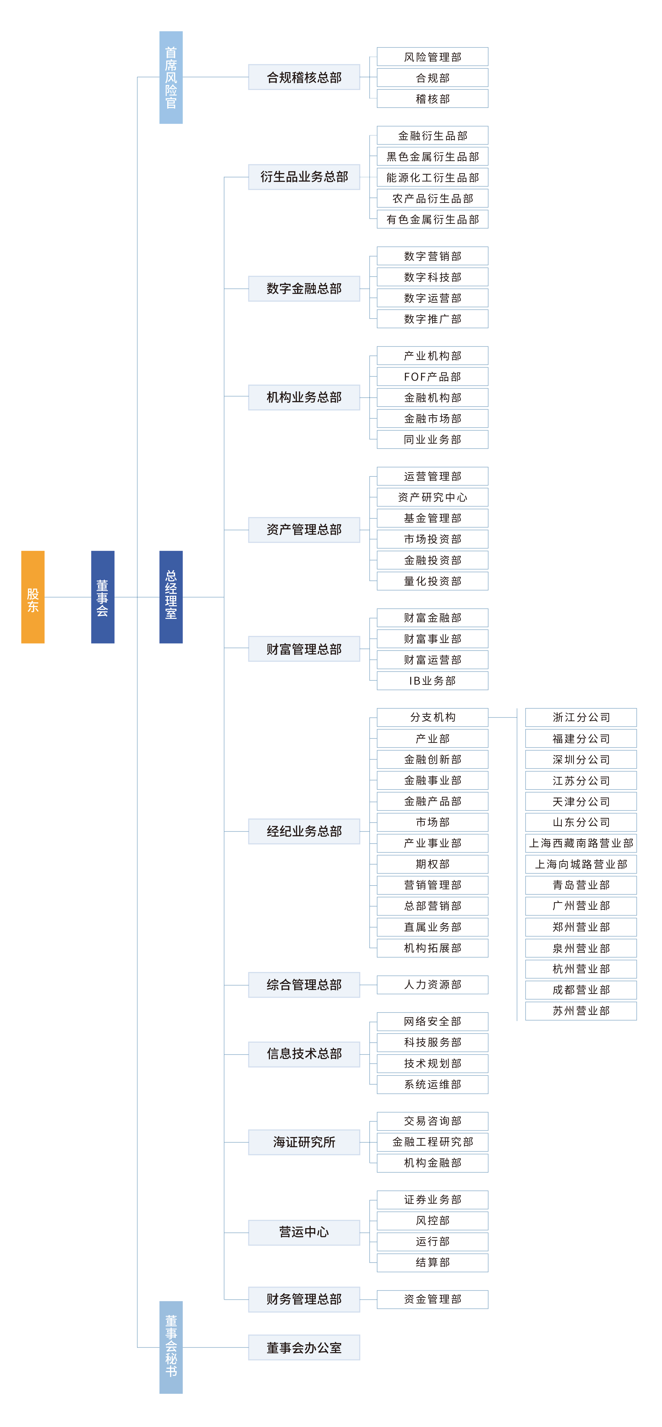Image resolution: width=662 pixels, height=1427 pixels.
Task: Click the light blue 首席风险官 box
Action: (x=171, y=78)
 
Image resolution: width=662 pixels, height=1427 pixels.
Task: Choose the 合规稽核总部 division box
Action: (x=304, y=78)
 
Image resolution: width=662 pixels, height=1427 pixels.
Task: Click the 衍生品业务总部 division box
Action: (x=304, y=177)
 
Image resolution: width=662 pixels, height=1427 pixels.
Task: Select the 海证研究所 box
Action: (x=304, y=1142)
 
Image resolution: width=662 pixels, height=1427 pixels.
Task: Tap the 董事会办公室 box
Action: (x=304, y=1347)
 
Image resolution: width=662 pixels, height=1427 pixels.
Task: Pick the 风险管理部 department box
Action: (x=432, y=57)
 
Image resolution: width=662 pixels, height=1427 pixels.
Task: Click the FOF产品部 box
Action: (x=432, y=377)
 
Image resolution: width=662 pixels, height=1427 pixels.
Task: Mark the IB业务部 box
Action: (x=432, y=681)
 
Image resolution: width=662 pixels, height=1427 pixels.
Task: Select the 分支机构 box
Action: (x=432, y=717)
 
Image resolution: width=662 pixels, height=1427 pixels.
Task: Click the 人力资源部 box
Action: (x=432, y=984)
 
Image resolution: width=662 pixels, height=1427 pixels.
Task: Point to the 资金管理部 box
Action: (x=432, y=1299)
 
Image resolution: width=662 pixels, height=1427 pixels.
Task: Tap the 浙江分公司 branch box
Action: (x=581, y=717)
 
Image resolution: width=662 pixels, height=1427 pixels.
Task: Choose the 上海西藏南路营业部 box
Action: (x=581, y=843)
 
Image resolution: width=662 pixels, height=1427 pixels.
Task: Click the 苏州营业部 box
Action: (x=581, y=1011)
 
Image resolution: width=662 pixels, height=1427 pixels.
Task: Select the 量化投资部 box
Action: (x=432, y=581)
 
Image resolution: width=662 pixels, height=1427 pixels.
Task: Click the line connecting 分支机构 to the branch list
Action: (x=503, y=717)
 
